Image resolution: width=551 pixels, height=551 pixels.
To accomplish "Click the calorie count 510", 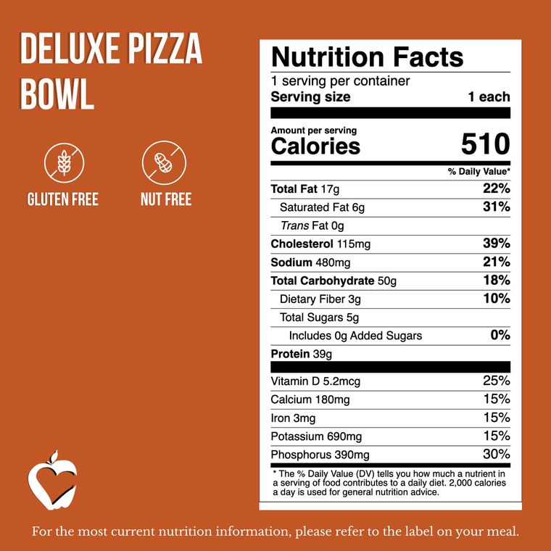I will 485,145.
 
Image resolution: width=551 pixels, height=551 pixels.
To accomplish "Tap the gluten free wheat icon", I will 62,162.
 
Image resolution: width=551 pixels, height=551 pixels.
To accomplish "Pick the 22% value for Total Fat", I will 497,189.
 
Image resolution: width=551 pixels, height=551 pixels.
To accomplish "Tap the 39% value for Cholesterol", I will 497,244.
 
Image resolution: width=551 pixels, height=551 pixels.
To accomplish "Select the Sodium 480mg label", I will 310,262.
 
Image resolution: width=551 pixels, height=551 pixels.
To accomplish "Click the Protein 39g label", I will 301,354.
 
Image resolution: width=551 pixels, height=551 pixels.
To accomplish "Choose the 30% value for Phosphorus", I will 497,455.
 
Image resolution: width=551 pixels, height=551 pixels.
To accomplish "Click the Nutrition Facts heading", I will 367,57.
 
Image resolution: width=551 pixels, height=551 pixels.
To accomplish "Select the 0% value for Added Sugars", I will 500,335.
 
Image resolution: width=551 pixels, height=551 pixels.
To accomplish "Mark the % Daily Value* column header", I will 479,172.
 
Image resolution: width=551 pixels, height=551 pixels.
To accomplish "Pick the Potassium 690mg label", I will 316,436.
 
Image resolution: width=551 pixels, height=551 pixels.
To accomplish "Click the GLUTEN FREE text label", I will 62,199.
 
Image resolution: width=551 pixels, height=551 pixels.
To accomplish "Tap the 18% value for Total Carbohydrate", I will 497,281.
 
